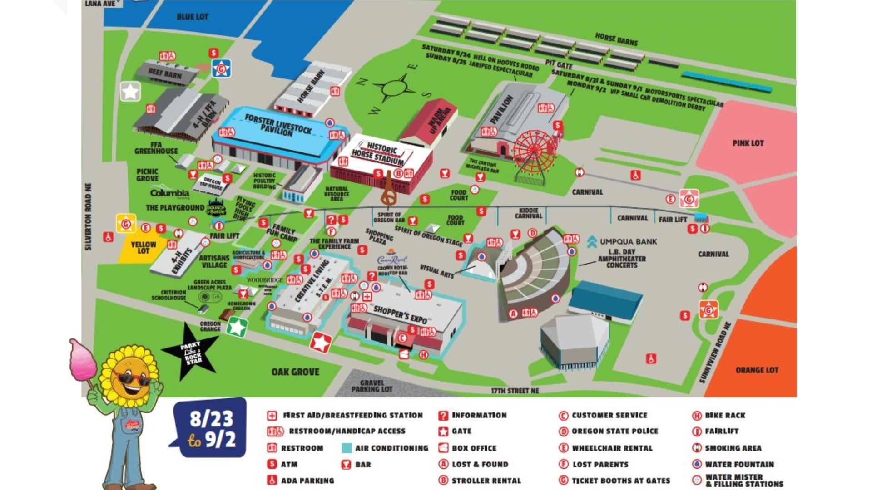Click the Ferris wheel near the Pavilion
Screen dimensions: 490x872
(535, 152)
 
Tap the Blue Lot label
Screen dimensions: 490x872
(192, 17)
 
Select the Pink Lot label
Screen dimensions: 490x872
(748, 143)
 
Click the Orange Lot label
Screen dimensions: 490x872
(757, 370)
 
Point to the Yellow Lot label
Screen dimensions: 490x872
(143, 247)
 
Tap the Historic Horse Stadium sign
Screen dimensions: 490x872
(378, 153)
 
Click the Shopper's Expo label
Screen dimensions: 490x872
(400, 314)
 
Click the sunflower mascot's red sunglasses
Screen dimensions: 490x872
(131, 379)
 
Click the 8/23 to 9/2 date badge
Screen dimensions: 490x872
(212, 428)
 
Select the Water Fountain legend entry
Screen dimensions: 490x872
(739, 464)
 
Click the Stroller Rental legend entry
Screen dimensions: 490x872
(486, 480)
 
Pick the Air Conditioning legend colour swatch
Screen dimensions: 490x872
(347, 448)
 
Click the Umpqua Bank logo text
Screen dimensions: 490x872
(628, 242)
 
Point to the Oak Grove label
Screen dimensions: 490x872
(295, 372)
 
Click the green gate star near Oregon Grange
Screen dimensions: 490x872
(237, 327)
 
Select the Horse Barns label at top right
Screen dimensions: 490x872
(616, 39)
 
